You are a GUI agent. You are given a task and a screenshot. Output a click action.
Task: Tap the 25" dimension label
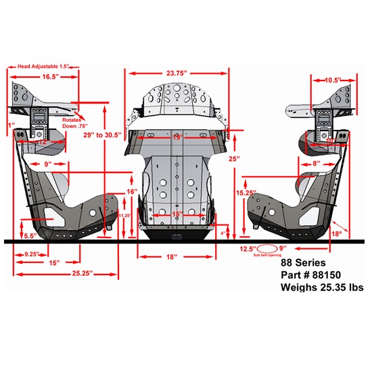(x=233, y=160)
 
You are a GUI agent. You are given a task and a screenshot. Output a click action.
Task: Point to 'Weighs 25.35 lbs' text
(x=322, y=287)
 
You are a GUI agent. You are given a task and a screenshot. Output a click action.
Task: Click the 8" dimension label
(x=316, y=164)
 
